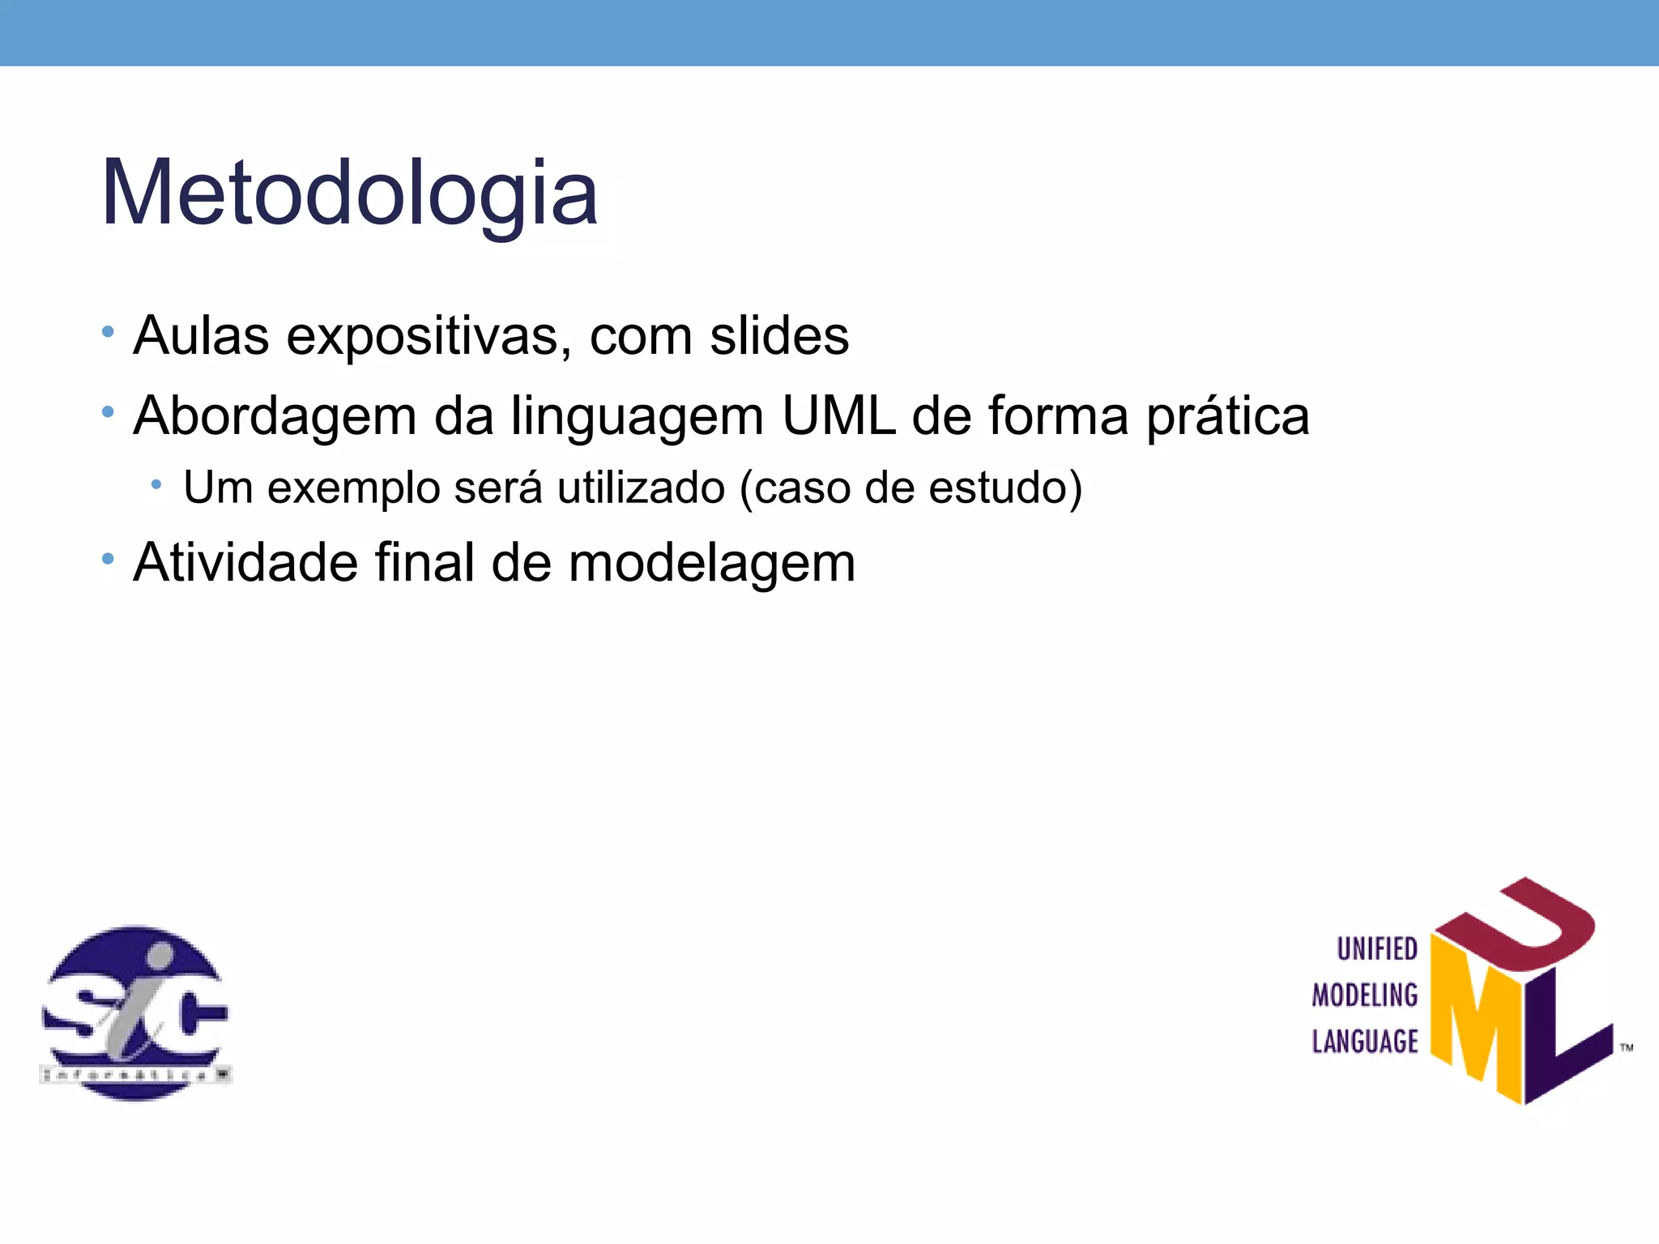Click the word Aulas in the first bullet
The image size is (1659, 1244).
(x=201, y=335)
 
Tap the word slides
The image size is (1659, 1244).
(x=779, y=335)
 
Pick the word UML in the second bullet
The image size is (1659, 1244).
(x=838, y=415)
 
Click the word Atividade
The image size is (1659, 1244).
(x=245, y=562)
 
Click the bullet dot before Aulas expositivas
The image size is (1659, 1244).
(x=108, y=332)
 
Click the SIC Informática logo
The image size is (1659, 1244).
(x=135, y=1012)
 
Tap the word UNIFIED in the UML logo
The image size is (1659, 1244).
(x=1376, y=948)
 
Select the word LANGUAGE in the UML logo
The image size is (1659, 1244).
(x=1365, y=1042)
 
